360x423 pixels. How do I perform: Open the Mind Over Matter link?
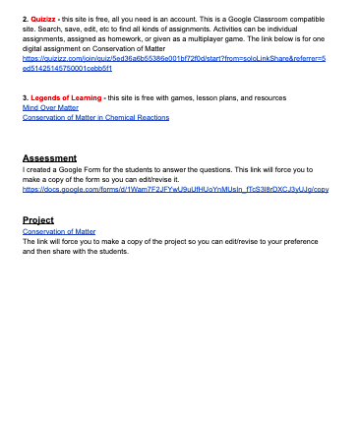point(50,107)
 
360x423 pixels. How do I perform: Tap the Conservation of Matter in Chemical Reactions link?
point(95,117)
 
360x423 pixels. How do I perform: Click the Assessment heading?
point(49,157)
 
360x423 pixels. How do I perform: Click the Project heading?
point(37,219)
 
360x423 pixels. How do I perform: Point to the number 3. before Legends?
point(25,98)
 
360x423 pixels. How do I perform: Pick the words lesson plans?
point(226,98)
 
